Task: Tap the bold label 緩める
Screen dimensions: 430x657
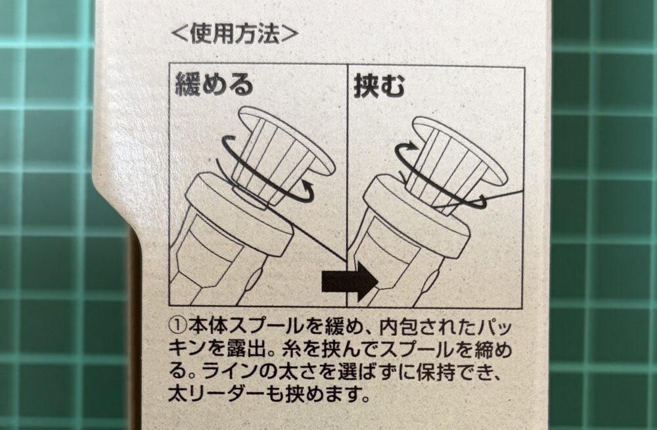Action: coord(214,86)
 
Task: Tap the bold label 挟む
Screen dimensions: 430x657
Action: coord(380,86)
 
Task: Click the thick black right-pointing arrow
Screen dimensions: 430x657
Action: coord(350,282)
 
